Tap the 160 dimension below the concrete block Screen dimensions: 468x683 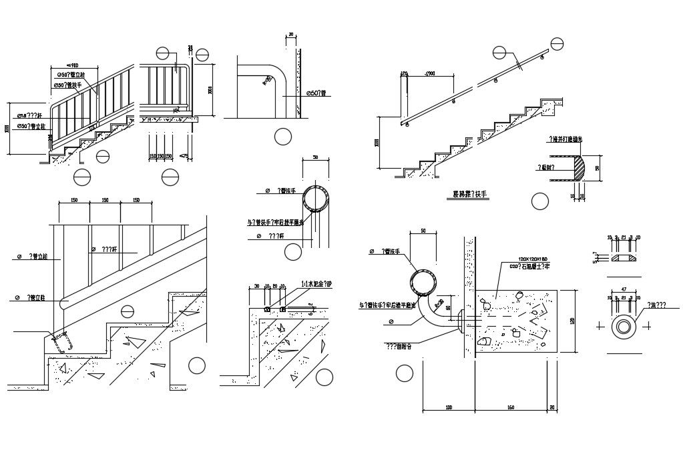click(x=510, y=407)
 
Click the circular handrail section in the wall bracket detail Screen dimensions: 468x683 click(x=425, y=281)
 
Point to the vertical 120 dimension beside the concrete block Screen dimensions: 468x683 click(x=572, y=322)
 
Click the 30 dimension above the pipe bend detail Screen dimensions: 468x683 click(x=290, y=34)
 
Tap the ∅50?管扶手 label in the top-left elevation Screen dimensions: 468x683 click(x=69, y=85)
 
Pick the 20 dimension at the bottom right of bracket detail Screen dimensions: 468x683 click(x=551, y=407)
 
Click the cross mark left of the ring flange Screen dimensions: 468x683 click(x=600, y=327)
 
